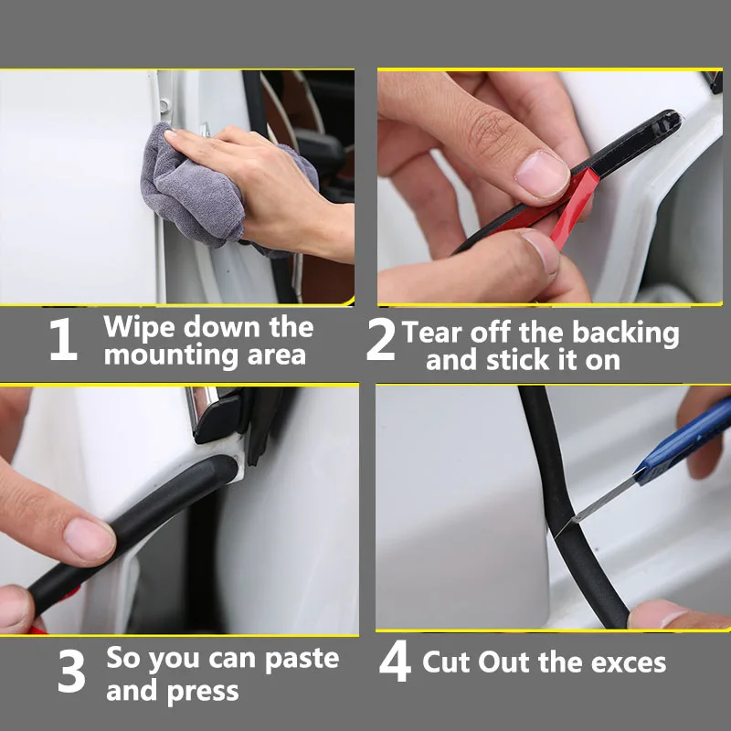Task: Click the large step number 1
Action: (x=64, y=339)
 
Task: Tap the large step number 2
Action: (x=381, y=339)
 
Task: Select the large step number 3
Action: (x=71, y=671)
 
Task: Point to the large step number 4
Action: (x=395, y=661)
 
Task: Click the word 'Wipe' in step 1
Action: (x=140, y=327)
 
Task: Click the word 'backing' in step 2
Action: (x=626, y=334)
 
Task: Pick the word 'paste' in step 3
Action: (x=302, y=659)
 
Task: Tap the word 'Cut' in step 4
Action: (x=446, y=662)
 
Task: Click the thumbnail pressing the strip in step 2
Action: (x=542, y=175)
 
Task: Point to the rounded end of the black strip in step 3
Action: (x=228, y=469)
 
